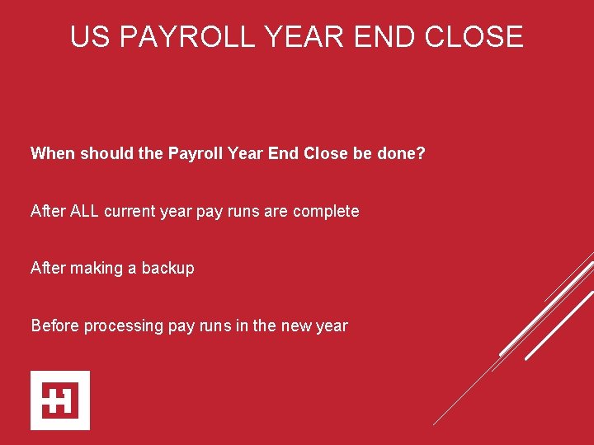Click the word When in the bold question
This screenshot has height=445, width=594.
click(52, 153)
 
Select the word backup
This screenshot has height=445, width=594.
click(168, 269)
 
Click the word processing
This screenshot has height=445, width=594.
click(123, 326)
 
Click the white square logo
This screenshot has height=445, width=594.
click(60, 400)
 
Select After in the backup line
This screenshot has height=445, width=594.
click(48, 269)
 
